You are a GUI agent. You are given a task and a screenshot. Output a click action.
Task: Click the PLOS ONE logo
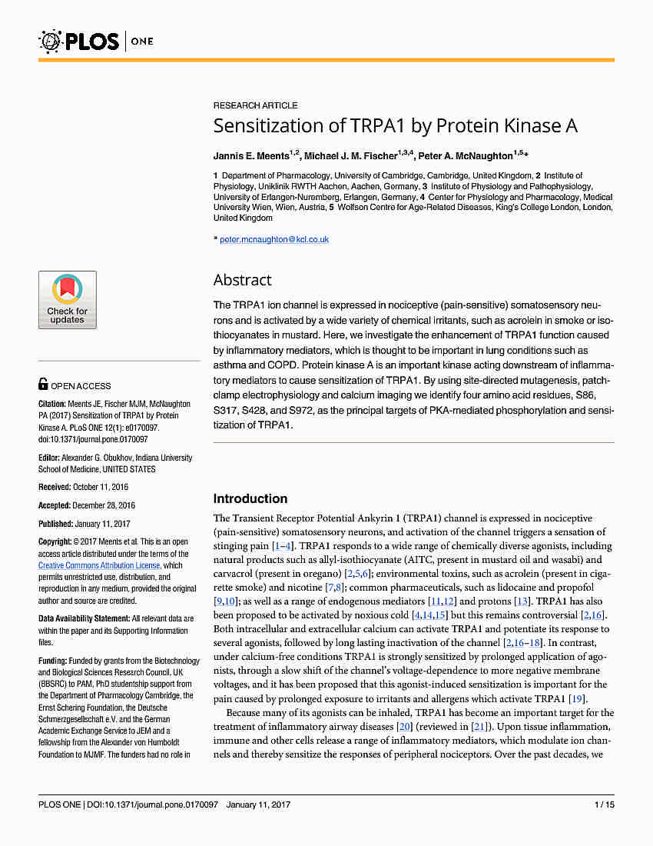pyautogui.click(x=96, y=41)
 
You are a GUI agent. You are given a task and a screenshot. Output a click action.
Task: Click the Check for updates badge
pyautogui.click(x=68, y=300)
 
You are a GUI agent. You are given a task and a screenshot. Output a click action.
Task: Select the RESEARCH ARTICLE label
pyautogui.click(x=255, y=105)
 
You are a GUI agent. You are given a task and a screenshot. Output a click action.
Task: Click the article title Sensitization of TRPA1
pyautogui.click(x=395, y=126)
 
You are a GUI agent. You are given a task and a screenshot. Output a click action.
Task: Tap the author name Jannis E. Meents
pyautogui.click(x=254, y=155)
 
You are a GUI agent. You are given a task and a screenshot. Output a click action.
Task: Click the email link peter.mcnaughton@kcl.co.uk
pyautogui.click(x=274, y=239)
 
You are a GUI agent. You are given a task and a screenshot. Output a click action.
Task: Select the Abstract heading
pyautogui.click(x=242, y=280)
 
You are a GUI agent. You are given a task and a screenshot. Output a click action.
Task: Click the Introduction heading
pyautogui.click(x=250, y=498)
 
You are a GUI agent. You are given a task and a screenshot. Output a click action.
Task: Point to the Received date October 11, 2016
pyautogui.click(x=100, y=487)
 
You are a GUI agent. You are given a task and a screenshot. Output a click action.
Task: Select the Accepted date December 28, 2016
pyautogui.click(x=104, y=505)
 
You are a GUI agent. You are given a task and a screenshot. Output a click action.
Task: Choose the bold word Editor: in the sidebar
pyautogui.click(x=51, y=458)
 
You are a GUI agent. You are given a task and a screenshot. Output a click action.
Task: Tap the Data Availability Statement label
pyautogui.click(x=84, y=618)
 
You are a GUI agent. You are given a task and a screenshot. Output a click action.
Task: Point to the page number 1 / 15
pyautogui.click(x=605, y=804)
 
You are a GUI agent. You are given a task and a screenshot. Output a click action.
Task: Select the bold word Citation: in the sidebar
pyautogui.click(x=53, y=404)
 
